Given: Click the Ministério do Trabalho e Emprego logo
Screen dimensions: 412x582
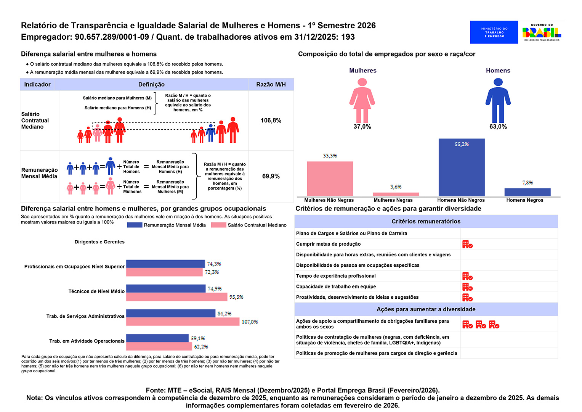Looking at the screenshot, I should tap(494, 32).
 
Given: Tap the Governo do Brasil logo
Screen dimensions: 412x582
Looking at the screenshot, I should tap(542, 32).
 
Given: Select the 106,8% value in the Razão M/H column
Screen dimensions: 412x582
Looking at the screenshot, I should tap(271, 121).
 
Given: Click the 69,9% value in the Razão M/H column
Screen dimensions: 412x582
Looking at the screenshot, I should tap(271, 176).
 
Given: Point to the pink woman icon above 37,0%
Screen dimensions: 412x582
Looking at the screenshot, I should tap(362, 100).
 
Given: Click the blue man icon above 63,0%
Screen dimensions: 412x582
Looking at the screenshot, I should tap(498, 100).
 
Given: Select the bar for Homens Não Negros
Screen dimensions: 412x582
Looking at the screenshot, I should tap(462, 167).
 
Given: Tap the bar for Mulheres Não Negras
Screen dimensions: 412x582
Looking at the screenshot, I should tap(330, 179).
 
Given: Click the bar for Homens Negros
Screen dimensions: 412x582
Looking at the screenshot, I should tap(527, 192).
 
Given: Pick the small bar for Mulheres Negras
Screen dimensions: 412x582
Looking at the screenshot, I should tap(396, 194).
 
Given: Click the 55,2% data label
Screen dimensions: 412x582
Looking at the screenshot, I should tap(462, 144).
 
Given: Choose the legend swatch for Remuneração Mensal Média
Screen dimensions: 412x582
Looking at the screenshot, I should tap(135, 225).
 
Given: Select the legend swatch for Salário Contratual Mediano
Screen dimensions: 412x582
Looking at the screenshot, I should tap(218, 225).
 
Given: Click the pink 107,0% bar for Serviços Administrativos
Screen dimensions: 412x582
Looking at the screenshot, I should tap(183, 322).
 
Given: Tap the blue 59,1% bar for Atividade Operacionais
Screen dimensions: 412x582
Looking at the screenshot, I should tap(157, 338).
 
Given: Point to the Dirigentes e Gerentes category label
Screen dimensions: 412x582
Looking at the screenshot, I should tap(99, 242).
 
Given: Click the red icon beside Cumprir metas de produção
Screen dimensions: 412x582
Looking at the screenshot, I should tap(467, 244).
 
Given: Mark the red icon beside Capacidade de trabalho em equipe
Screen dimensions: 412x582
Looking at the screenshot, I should tap(467, 287).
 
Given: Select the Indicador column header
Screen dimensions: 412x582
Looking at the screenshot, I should tap(37, 84).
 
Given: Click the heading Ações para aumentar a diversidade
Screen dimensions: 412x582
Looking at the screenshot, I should tap(426, 309).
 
